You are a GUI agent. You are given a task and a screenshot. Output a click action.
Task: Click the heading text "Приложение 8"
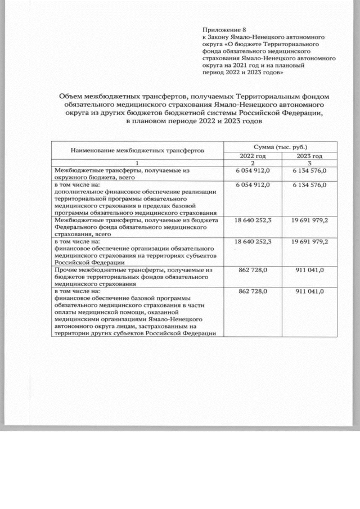[x=224, y=29]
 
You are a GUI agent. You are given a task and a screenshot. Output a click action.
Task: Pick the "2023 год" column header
[x=309, y=156]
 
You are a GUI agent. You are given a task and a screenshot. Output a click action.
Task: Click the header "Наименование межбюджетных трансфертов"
[x=137, y=151]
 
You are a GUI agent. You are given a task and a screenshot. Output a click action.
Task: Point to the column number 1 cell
[x=137, y=163]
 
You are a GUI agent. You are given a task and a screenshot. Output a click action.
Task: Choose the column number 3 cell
[x=309, y=163]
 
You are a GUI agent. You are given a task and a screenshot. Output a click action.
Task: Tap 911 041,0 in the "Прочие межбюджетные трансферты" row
[x=309, y=271]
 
